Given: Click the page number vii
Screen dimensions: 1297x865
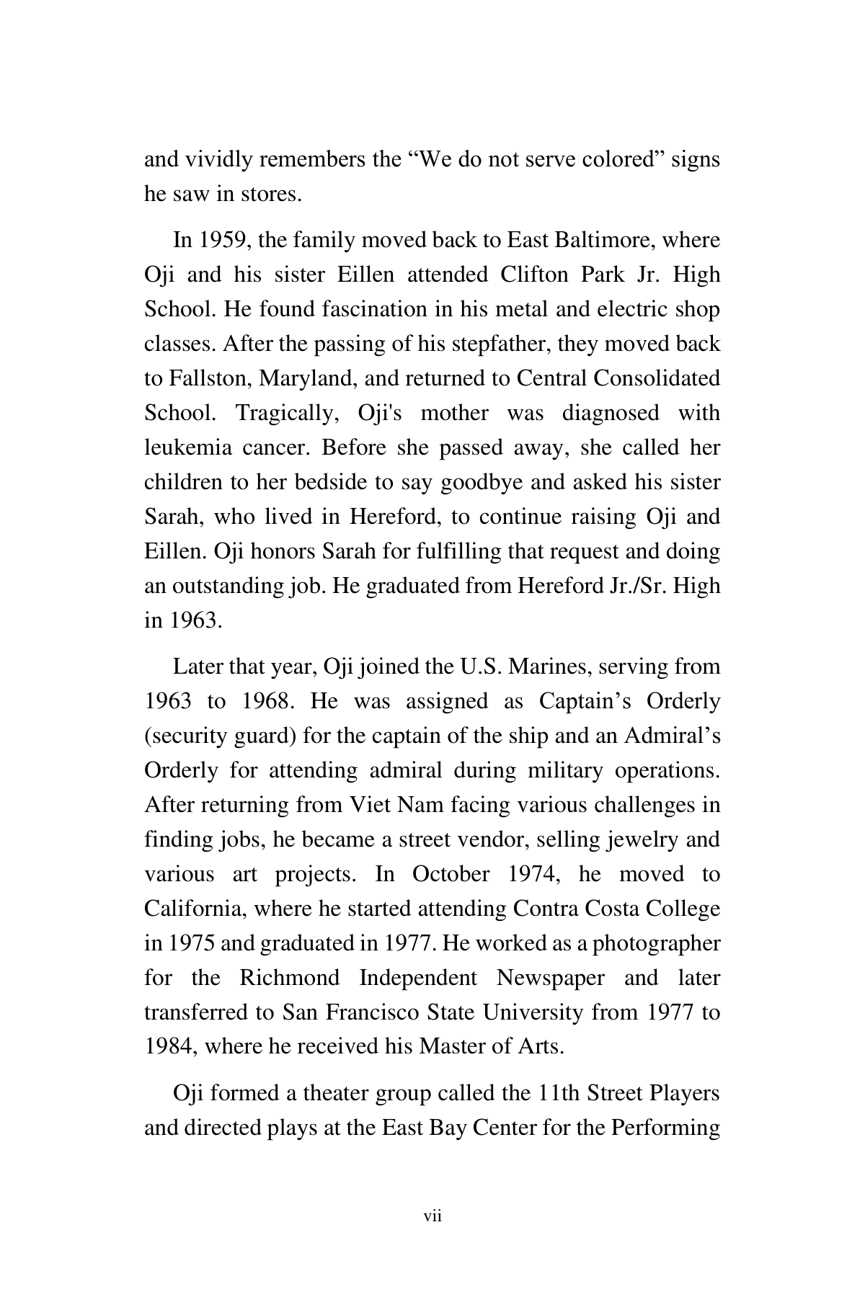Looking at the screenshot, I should point(432,1217).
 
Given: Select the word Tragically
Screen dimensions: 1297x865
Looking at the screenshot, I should point(288,413).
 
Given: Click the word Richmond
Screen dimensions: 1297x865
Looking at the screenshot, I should point(289,978).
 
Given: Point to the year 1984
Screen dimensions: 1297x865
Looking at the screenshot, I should point(170,1047).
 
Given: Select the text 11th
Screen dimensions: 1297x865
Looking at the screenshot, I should point(559,1094).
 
